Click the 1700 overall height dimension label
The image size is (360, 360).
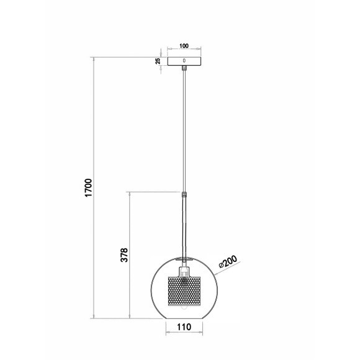pyautogui.click(x=88, y=187)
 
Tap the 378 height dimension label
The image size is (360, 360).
pyautogui.click(x=124, y=255)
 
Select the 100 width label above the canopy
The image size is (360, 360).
pyautogui.click(x=184, y=46)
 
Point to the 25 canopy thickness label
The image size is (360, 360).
pyautogui.click(x=158, y=61)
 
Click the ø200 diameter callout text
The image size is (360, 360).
pyautogui.click(x=228, y=261)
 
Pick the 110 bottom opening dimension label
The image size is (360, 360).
pyautogui.click(x=184, y=326)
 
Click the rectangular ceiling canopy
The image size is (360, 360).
pyautogui.click(x=184, y=61)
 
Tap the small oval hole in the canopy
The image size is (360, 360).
pyautogui.click(x=184, y=61)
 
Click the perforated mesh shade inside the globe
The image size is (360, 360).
pyautogui.click(x=184, y=291)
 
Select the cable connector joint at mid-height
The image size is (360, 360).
pyautogui.click(x=184, y=195)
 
